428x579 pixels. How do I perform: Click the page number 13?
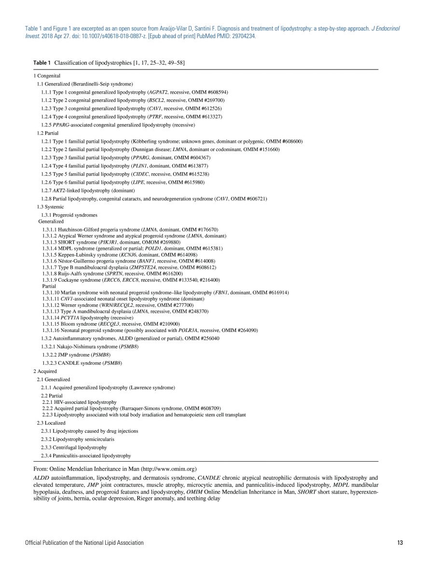[x=400, y=543]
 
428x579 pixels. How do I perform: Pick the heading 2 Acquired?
[x=45, y=371]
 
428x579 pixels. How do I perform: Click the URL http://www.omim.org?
[x=168, y=469]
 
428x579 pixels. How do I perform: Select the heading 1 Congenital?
[x=47, y=76]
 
